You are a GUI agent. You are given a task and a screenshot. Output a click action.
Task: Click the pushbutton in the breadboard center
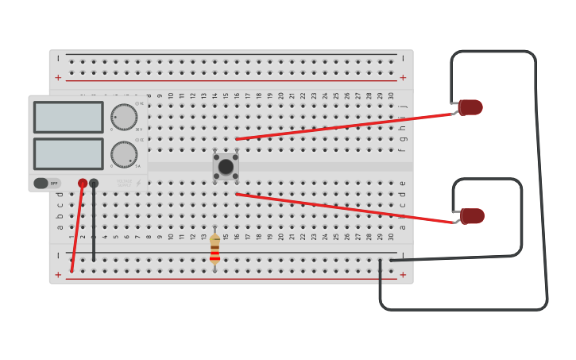(x=226, y=167)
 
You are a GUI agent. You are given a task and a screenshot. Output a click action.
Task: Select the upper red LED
(x=470, y=107)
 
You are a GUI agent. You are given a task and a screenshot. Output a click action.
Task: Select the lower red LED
(x=472, y=216)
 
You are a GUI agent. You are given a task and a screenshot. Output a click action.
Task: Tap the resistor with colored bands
(x=215, y=249)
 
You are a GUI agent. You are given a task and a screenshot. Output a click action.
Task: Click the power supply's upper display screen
(x=68, y=117)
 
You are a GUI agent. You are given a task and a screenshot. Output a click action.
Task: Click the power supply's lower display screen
(x=68, y=153)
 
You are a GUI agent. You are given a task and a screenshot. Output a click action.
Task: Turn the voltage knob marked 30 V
(x=123, y=117)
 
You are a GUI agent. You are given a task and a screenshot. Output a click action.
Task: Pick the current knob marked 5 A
(x=123, y=154)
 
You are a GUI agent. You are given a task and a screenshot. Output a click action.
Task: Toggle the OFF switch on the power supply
(x=46, y=184)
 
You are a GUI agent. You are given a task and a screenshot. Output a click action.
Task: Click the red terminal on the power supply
(x=83, y=184)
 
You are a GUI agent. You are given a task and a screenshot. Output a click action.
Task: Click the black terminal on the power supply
(x=94, y=184)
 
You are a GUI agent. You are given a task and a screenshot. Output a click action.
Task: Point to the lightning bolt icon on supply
(x=138, y=184)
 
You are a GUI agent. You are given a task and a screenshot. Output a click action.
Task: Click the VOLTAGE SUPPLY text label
(x=124, y=184)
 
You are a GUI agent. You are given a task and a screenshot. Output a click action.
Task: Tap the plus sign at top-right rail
(x=403, y=78)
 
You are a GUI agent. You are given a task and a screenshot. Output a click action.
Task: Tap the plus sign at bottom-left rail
(x=58, y=275)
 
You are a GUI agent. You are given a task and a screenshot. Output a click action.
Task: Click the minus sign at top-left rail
(x=58, y=58)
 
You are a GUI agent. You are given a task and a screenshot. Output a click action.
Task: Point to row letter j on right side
(x=403, y=106)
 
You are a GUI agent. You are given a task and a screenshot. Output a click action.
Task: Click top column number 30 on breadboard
(x=391, y=95)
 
